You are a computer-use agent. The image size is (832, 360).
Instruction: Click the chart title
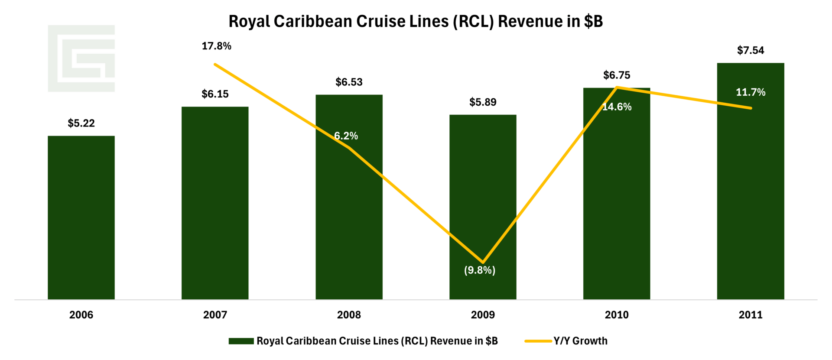pyautogui.click(x=416, y=21)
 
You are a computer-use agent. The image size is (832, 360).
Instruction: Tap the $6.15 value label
pyautogui.click(x=215, y=94)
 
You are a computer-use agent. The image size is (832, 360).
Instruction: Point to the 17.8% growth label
pyautogui.click(x=216, y=46)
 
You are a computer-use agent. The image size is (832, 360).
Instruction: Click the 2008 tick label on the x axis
pyautogui.click(x=349, y=315)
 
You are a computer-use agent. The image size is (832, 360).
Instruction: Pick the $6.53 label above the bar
pyautogui.click(x=349, y=82)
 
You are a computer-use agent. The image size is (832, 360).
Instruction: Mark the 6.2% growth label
pyautogui.click(x=346, y=136)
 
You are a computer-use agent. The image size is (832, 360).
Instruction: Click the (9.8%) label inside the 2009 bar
pyautogui.click(x=479, y=270)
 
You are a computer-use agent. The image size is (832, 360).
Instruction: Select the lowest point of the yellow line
pyautogui.click(x=483, y=262)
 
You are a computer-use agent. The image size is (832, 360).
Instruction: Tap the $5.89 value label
pyautogui.click(x=483, y=102)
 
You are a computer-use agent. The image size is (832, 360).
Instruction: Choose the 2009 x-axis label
pyautogui.click(x=483, y=315)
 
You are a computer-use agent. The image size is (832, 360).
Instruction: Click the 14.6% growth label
pyautogui.click(x=617, y=107)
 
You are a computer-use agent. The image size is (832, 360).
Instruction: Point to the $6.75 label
pyautogui.click(x=617, y=75)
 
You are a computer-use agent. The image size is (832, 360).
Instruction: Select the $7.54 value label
pyautogui.click(x=751, y=50)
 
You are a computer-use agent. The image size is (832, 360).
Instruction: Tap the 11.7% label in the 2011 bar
pyautogui.click(x=751, y=92)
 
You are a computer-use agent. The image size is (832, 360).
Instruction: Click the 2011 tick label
pyautogui.click(x=751, y=315)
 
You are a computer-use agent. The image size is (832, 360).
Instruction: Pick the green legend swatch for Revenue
pyautogui.click(x=241, y=341)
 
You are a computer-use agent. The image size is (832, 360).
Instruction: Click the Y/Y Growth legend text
pyautogui.click(x=580, y=341)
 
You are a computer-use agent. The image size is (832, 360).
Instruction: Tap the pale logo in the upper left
pyautogui.click(x=81, y=58)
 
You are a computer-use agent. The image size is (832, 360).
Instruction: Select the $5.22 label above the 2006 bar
pyautogui.click(x=81, y=123)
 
